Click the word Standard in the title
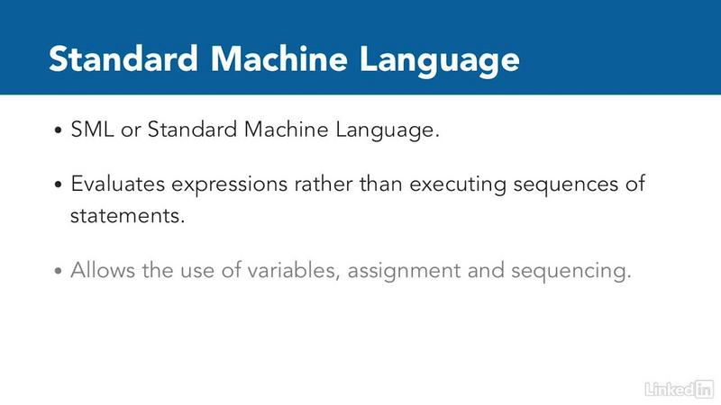pos(123,58)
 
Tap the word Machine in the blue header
pos(279,58)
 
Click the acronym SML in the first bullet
pos(92,130)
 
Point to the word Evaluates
pos(118,184)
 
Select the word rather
pos(324,184)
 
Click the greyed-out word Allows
pos(103,270)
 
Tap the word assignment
pos(404,272)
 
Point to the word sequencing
pos(571,272)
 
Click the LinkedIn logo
pos(679,390)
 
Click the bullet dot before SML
pos(58,130)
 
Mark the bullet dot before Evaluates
pos(58,185)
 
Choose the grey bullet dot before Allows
pos(58,271)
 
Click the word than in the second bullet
pos(381,184)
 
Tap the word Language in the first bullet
pos(388,131)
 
